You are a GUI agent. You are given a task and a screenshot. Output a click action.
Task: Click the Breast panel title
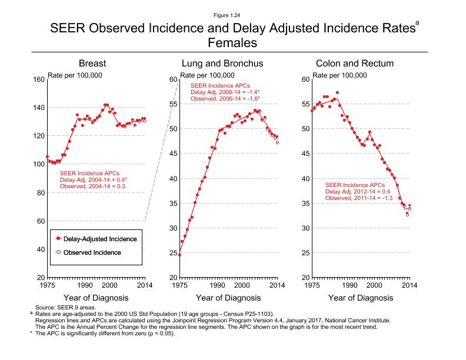96,64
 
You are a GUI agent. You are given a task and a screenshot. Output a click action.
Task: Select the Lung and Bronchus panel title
222,64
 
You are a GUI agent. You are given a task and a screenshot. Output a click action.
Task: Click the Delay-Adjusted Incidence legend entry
101,239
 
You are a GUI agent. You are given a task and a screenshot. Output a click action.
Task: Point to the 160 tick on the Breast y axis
39,79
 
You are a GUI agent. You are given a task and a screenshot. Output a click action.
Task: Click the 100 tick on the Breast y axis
39,164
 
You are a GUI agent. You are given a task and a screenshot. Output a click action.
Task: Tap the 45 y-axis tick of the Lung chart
173,154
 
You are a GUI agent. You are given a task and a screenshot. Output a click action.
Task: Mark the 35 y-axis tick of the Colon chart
305,204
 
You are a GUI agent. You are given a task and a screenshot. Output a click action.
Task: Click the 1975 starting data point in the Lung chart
179,255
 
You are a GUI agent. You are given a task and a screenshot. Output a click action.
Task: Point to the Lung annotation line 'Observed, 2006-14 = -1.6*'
225,99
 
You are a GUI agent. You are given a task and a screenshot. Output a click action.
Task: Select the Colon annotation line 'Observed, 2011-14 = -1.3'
359,198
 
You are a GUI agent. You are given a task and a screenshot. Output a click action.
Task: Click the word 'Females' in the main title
233,43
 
